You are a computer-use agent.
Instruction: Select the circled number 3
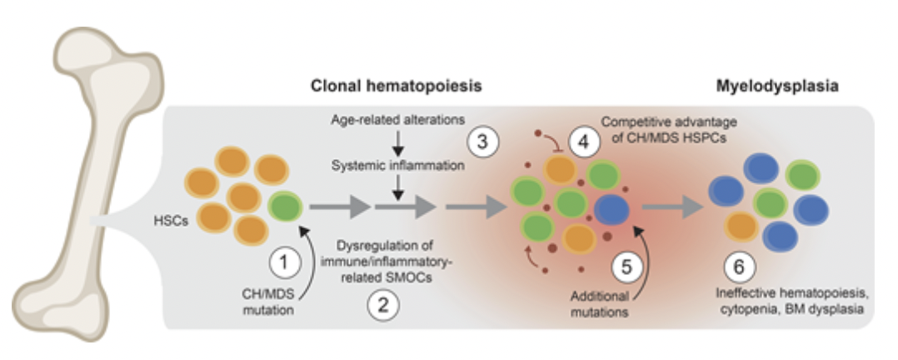tap(483, 142)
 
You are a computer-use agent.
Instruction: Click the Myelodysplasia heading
tap(766, 87)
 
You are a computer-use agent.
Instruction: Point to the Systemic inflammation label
tap(396, 166)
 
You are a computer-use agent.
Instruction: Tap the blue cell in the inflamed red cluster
tap(614, 208)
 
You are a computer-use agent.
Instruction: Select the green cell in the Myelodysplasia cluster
tap(801, 177)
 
